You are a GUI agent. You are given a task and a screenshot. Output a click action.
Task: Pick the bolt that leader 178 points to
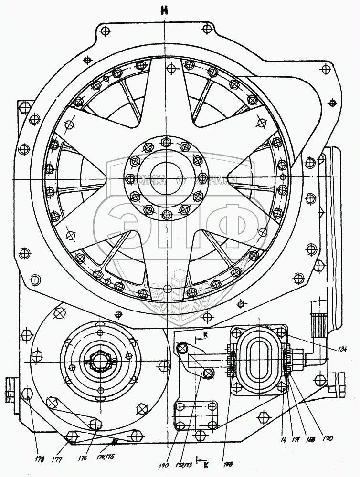pyautogui.click(x=27, y=394)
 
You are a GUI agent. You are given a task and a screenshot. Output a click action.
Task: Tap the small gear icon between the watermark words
pyautogui.click(x=180, y=181)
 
